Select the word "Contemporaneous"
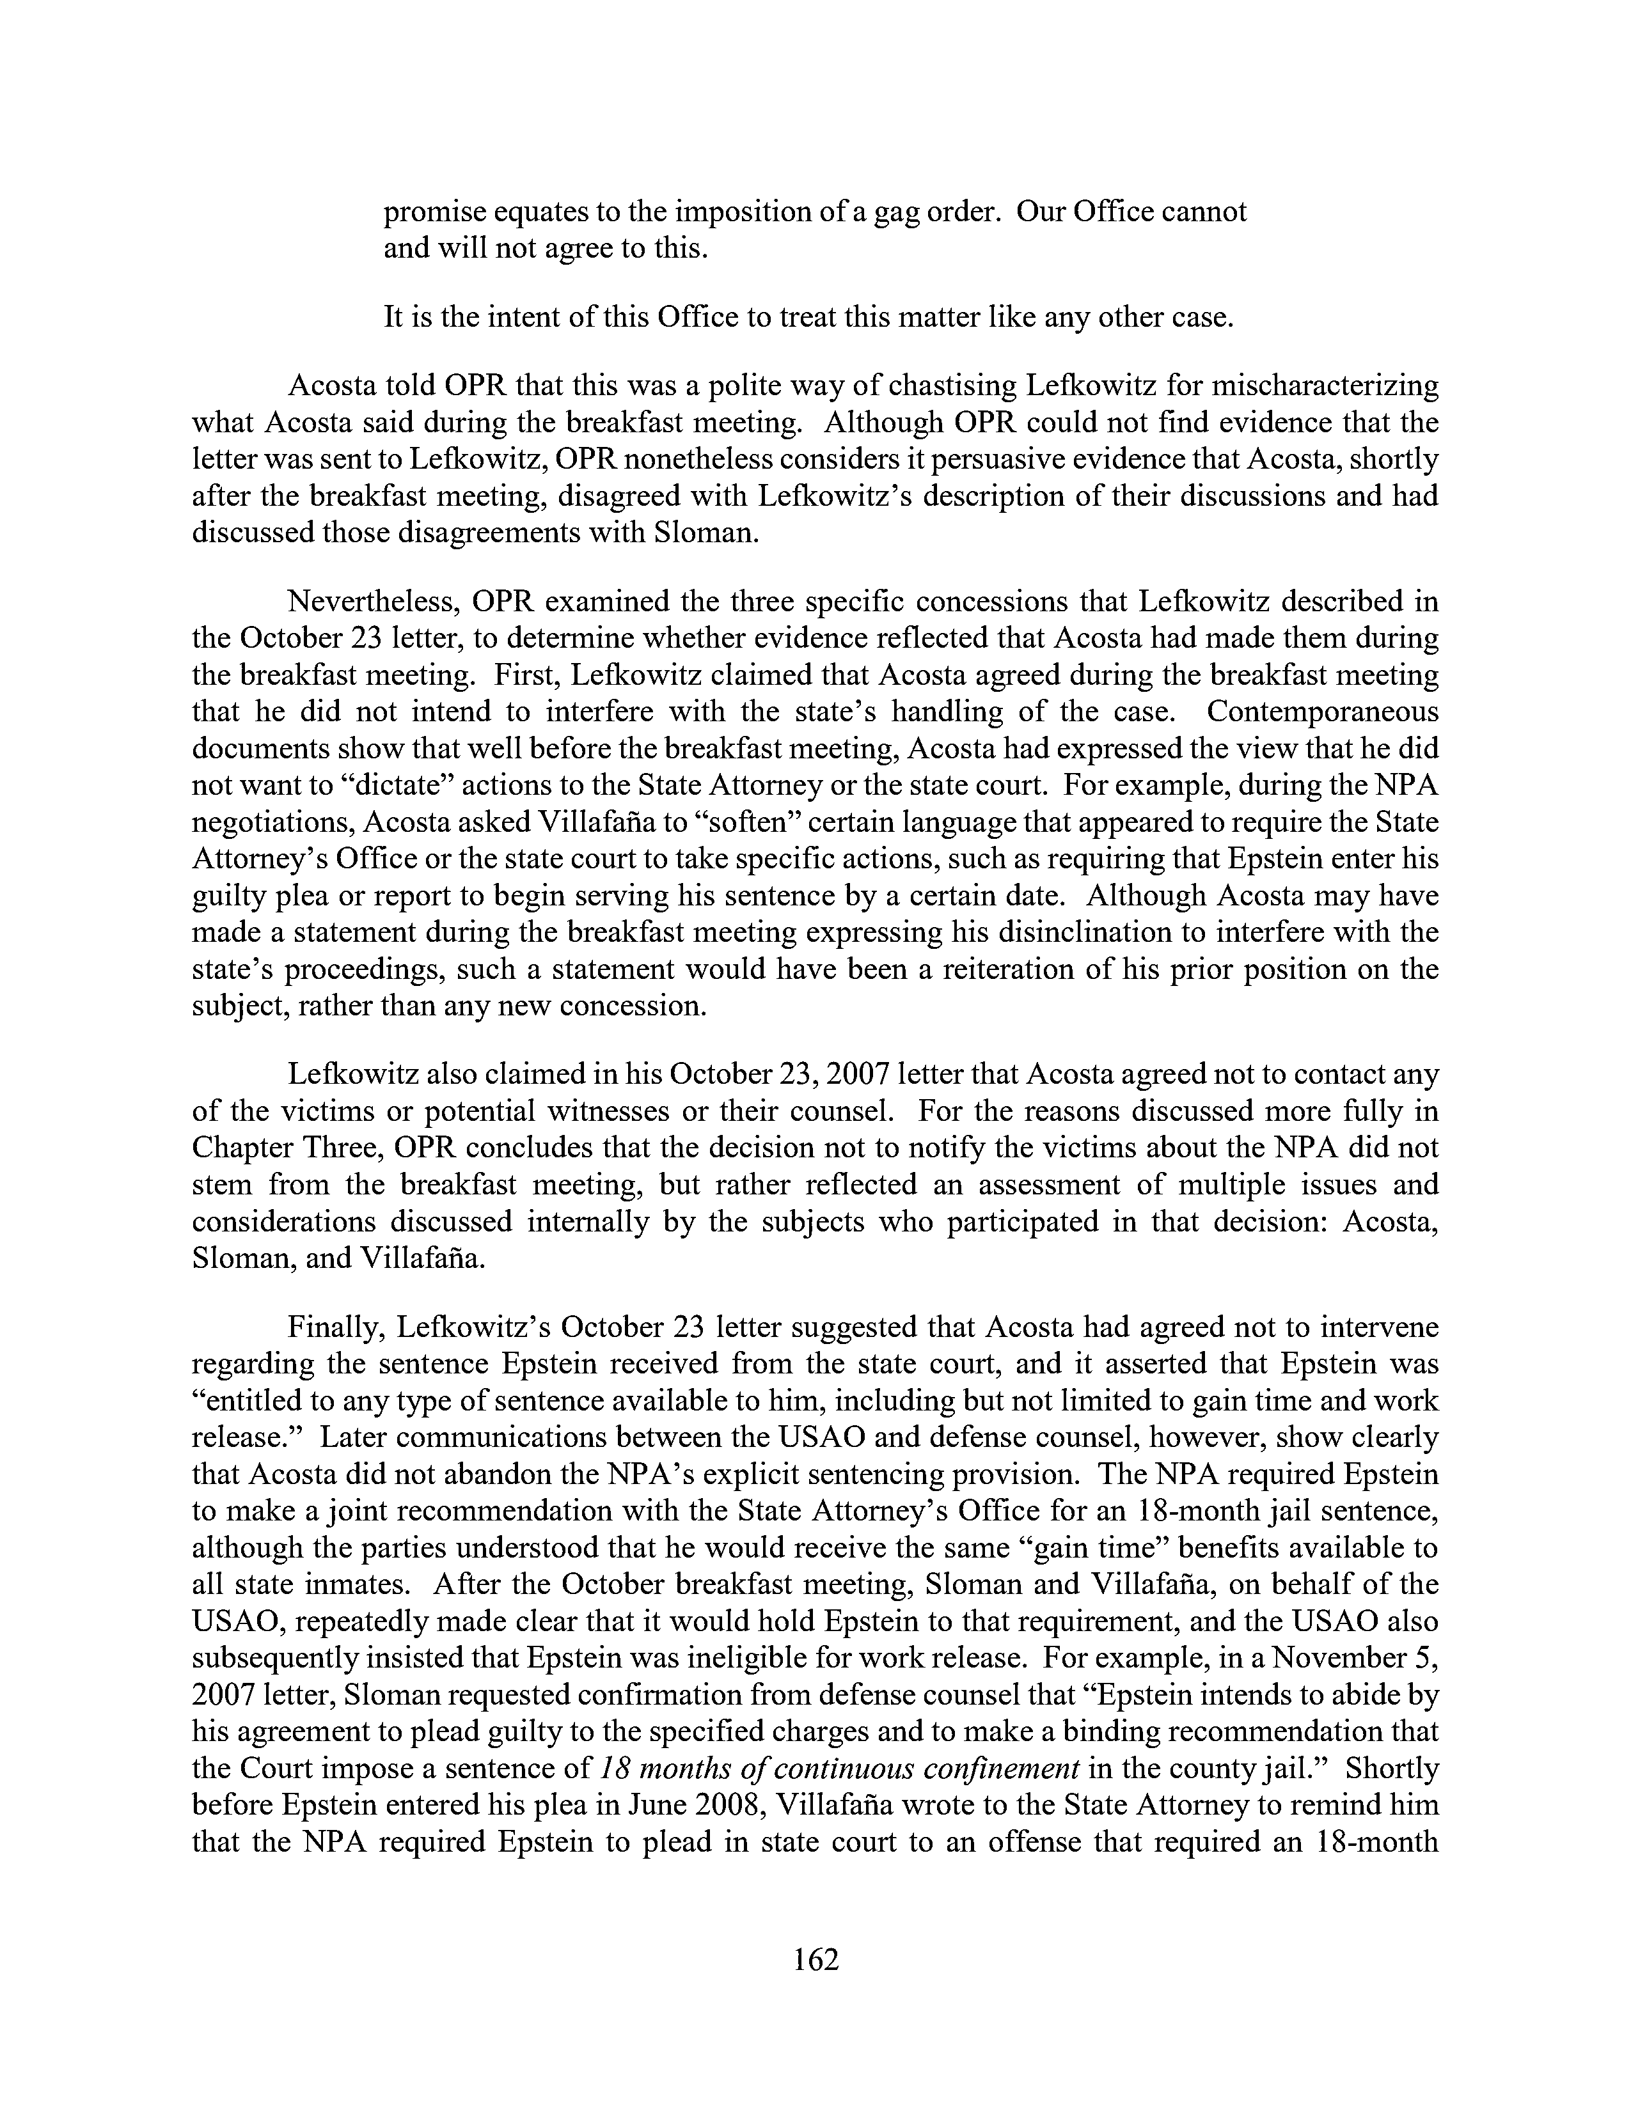pyautogui.click(x=1323, y=712)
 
